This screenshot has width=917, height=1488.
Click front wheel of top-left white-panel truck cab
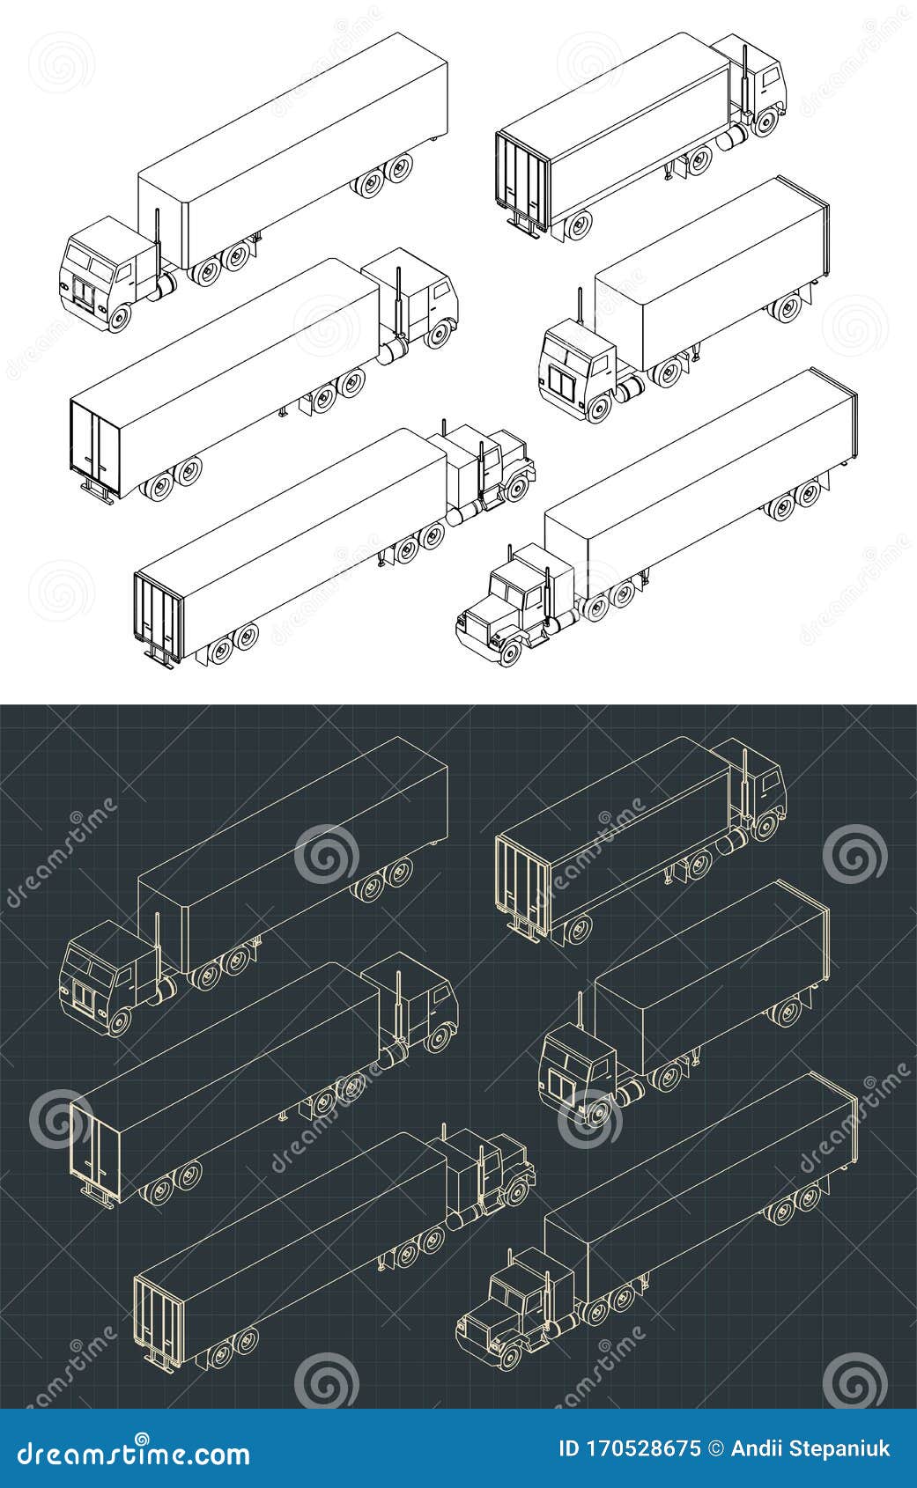[118, 318]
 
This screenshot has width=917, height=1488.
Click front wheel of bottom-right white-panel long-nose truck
[510, 652]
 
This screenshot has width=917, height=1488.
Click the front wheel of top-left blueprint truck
[118, 1022]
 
